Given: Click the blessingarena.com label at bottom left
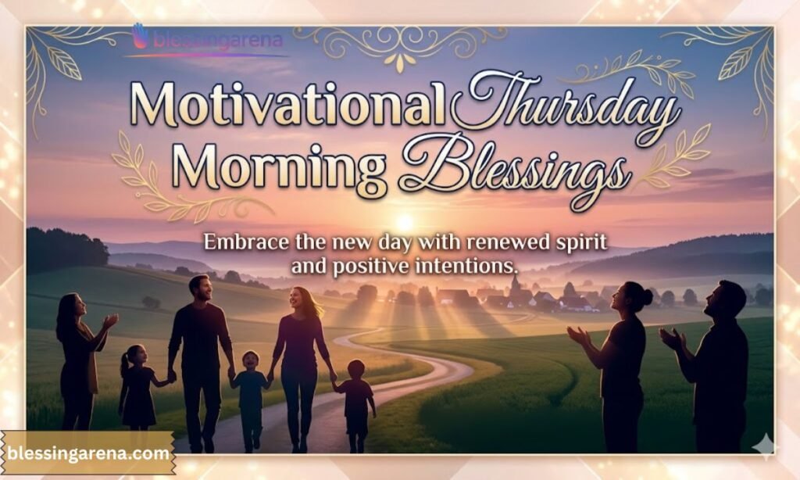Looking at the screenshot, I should [87, 453].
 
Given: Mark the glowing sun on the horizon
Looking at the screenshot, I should [405, 223].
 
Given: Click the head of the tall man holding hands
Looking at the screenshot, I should [200, 287].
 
